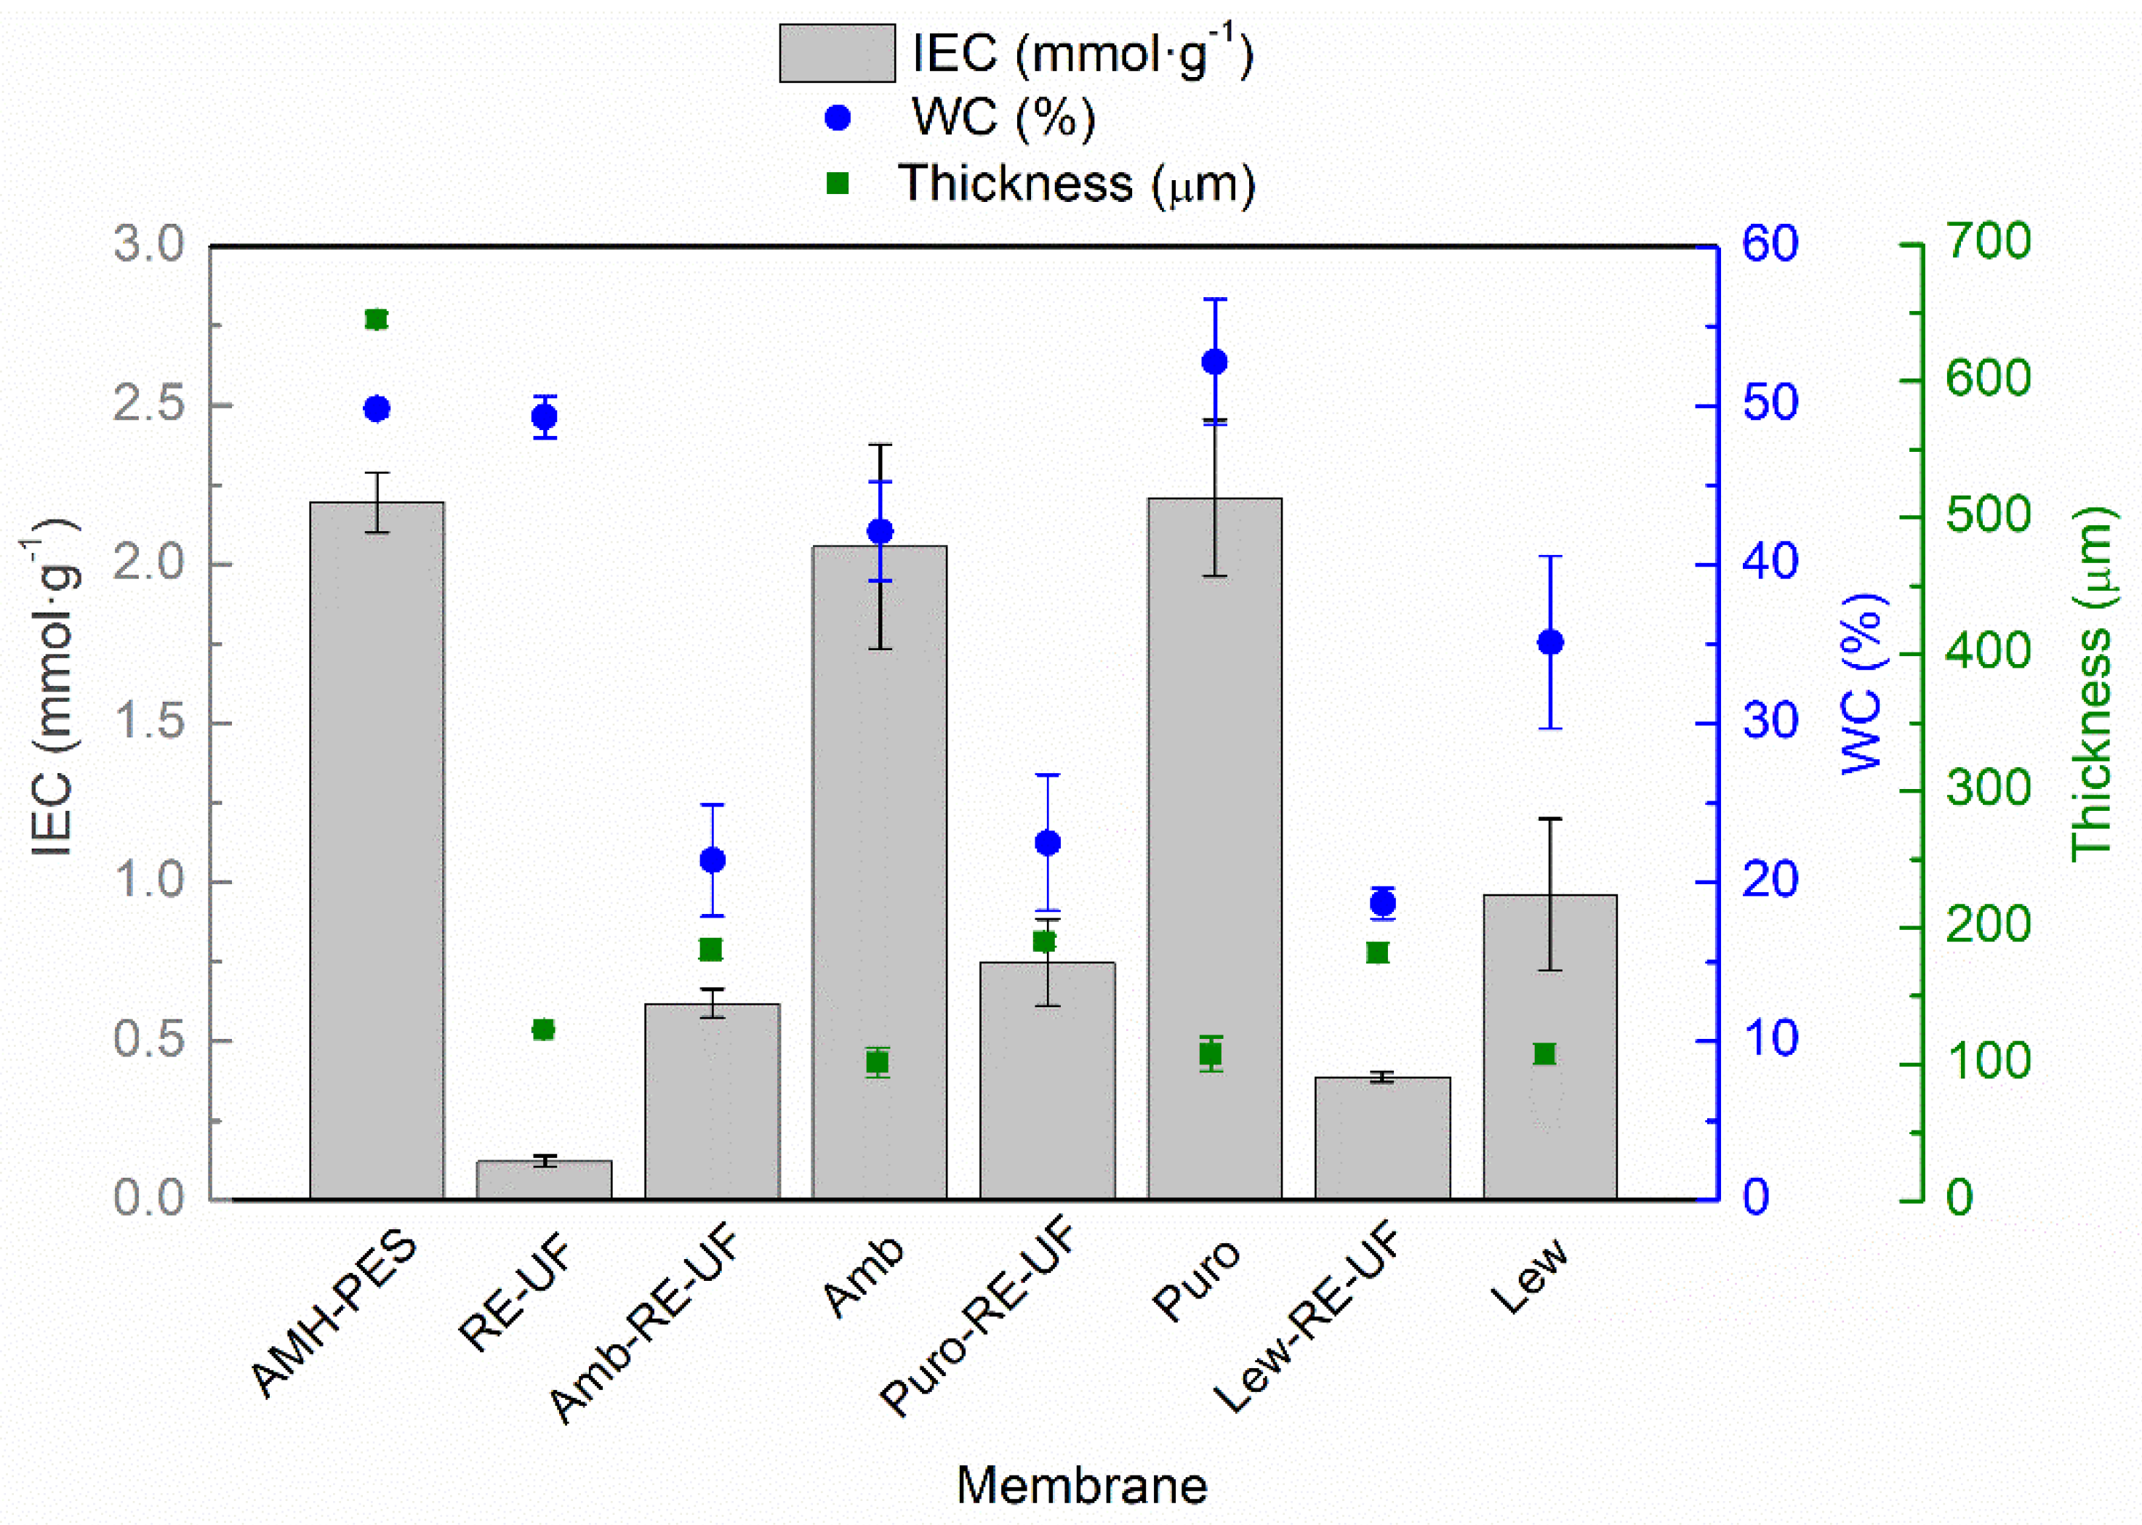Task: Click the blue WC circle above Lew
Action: click(1550, 642)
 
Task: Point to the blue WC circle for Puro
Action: click(1215, 363)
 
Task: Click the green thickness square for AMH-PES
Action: click(376, 320)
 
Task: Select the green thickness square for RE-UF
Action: click(544, 1030)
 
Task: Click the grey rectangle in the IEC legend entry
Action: click(836, 54)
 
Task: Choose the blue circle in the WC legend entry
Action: click(836, 118)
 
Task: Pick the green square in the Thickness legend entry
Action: click(836, 183)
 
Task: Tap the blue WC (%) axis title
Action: click(1862, 684)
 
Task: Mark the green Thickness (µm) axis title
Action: click(2091, 684)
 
